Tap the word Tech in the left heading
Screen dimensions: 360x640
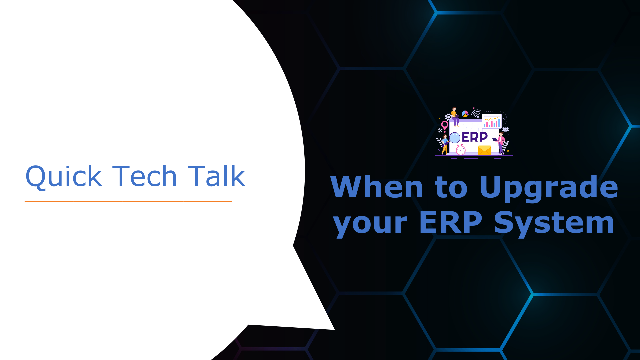coord(144,176)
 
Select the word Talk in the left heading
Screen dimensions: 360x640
coord(216,176)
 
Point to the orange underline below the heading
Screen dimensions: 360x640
coord(128,201)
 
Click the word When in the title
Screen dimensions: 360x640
coord(377,187)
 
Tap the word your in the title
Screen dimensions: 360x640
coord(370,223)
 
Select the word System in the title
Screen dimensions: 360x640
coord(554,223)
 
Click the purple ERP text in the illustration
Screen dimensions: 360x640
coord(475,137)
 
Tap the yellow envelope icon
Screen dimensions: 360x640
coord(484,150)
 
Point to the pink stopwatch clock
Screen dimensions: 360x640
coord(461,150)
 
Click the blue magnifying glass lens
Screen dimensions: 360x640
coord(455,138)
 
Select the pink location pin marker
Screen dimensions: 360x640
coord(445,126)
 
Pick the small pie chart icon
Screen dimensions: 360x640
coord(465,114)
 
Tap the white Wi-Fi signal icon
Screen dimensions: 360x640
coord(476,113)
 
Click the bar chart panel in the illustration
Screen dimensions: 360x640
coord(492,121)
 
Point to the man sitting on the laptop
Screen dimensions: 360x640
coord(455,116)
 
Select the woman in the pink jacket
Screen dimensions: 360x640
coord(501,143)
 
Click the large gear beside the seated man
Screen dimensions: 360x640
coord(448,117)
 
